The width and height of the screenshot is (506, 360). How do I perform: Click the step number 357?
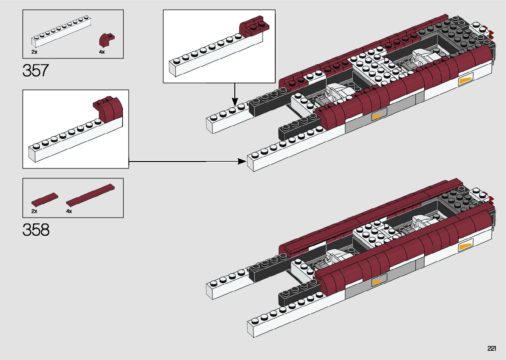(x=36, y=70)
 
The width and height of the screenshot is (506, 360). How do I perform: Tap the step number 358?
(x=36, y=230)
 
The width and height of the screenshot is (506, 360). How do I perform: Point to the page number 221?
(x=491, y=348)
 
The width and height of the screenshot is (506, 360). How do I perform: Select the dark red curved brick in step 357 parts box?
(x=106, y=39)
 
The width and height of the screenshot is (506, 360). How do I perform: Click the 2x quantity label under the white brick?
(x=34, y=52)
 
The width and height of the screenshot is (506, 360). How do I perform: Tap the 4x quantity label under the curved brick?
(x=102, y=52)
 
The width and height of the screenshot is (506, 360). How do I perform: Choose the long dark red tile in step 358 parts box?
(x=90, y=194)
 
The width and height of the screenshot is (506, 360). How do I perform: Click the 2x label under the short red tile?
(x=34, y=211)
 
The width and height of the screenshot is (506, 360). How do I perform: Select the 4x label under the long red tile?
(x=69, y=211)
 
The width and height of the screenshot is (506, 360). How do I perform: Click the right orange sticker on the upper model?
(x=465, y=81)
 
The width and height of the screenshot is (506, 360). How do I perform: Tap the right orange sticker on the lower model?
(x=465, y=247)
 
